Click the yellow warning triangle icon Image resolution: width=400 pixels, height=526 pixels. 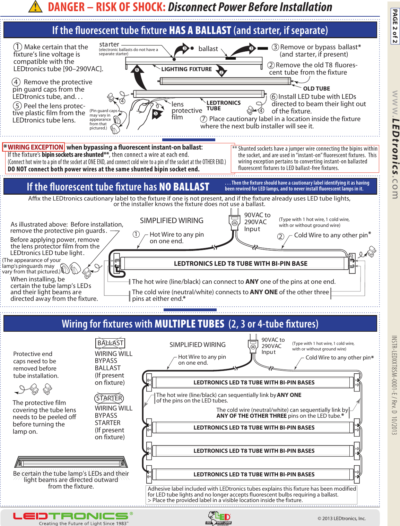[35, 7]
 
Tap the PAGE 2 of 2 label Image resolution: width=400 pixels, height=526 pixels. [395, 26]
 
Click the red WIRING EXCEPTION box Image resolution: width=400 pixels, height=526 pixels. [33, 147]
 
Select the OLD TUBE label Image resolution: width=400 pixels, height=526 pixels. [316, 88]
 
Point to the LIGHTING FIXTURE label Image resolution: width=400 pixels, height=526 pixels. [186, 69]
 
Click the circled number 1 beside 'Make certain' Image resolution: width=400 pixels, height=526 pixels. [18, 47]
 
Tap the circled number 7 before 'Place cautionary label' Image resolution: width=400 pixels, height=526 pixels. [204, 119]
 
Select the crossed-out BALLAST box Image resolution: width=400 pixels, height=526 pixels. [110, 343]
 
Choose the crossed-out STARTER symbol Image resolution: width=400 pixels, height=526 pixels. [109, 398]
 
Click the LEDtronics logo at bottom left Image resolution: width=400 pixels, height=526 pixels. [71, 516]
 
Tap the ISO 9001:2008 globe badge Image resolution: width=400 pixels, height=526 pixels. [219, 518]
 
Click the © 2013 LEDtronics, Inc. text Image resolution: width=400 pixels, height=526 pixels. [341, 518]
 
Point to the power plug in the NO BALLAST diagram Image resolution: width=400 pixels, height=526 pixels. [235, 222]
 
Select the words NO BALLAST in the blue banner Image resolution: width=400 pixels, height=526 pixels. [184, 187]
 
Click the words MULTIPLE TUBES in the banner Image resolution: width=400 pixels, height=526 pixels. [190, 324]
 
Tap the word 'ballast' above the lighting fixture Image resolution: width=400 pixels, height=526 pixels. [208, 49]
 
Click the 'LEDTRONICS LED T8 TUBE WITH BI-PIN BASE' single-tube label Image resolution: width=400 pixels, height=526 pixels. [241, 264]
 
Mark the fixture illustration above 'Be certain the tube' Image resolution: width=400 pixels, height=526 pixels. [71, 462]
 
